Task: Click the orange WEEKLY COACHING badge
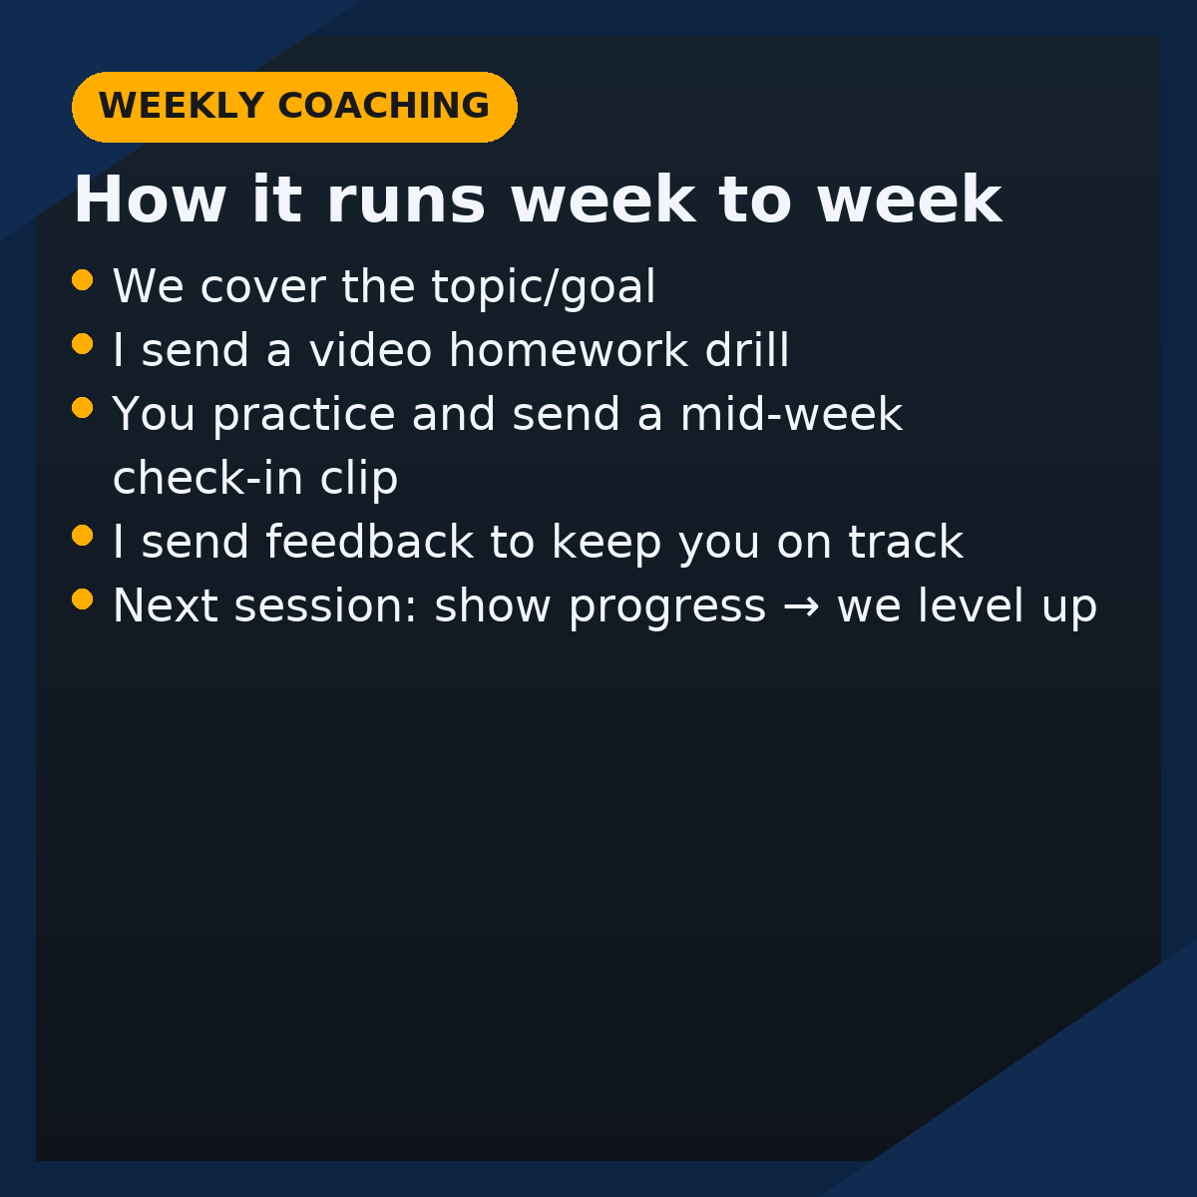tap(294, 107)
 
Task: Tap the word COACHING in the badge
tap(384, 106)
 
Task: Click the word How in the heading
tap(150, 200)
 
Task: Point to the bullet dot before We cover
tap(83, 279)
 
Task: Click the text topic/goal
tap(544, 287)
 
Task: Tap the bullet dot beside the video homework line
tap(83, 343)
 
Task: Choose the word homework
tap(569, 350)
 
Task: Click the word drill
tap(747, 350)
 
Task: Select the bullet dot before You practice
tap(83, 408)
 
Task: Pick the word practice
tap(304, 415)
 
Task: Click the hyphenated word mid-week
tap(791, 414)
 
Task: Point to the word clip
tap(358, 479)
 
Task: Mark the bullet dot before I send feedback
tap(83, 535)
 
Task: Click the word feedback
tap(370, 542)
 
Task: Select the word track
tap(906, 542)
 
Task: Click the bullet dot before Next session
tap(83, 599)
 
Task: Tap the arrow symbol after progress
tap(801, 606)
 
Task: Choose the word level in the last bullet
tap(971, 605)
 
